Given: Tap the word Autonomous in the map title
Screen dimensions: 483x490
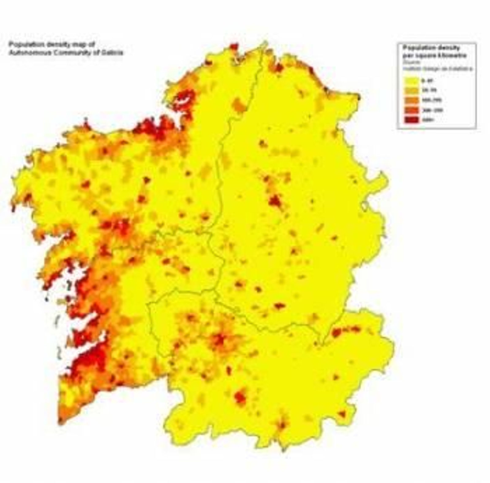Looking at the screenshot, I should [x=31, y=53].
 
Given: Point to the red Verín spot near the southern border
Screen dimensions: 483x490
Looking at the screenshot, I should [x=281, y=425].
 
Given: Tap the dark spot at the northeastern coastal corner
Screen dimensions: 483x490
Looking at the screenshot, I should [x=358, y=97].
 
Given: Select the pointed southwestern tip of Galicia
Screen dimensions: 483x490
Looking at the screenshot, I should [x=61, y=423].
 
